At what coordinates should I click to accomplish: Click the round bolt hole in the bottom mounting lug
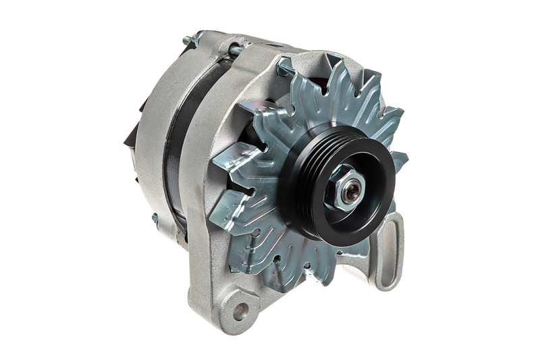click(240, 311)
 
